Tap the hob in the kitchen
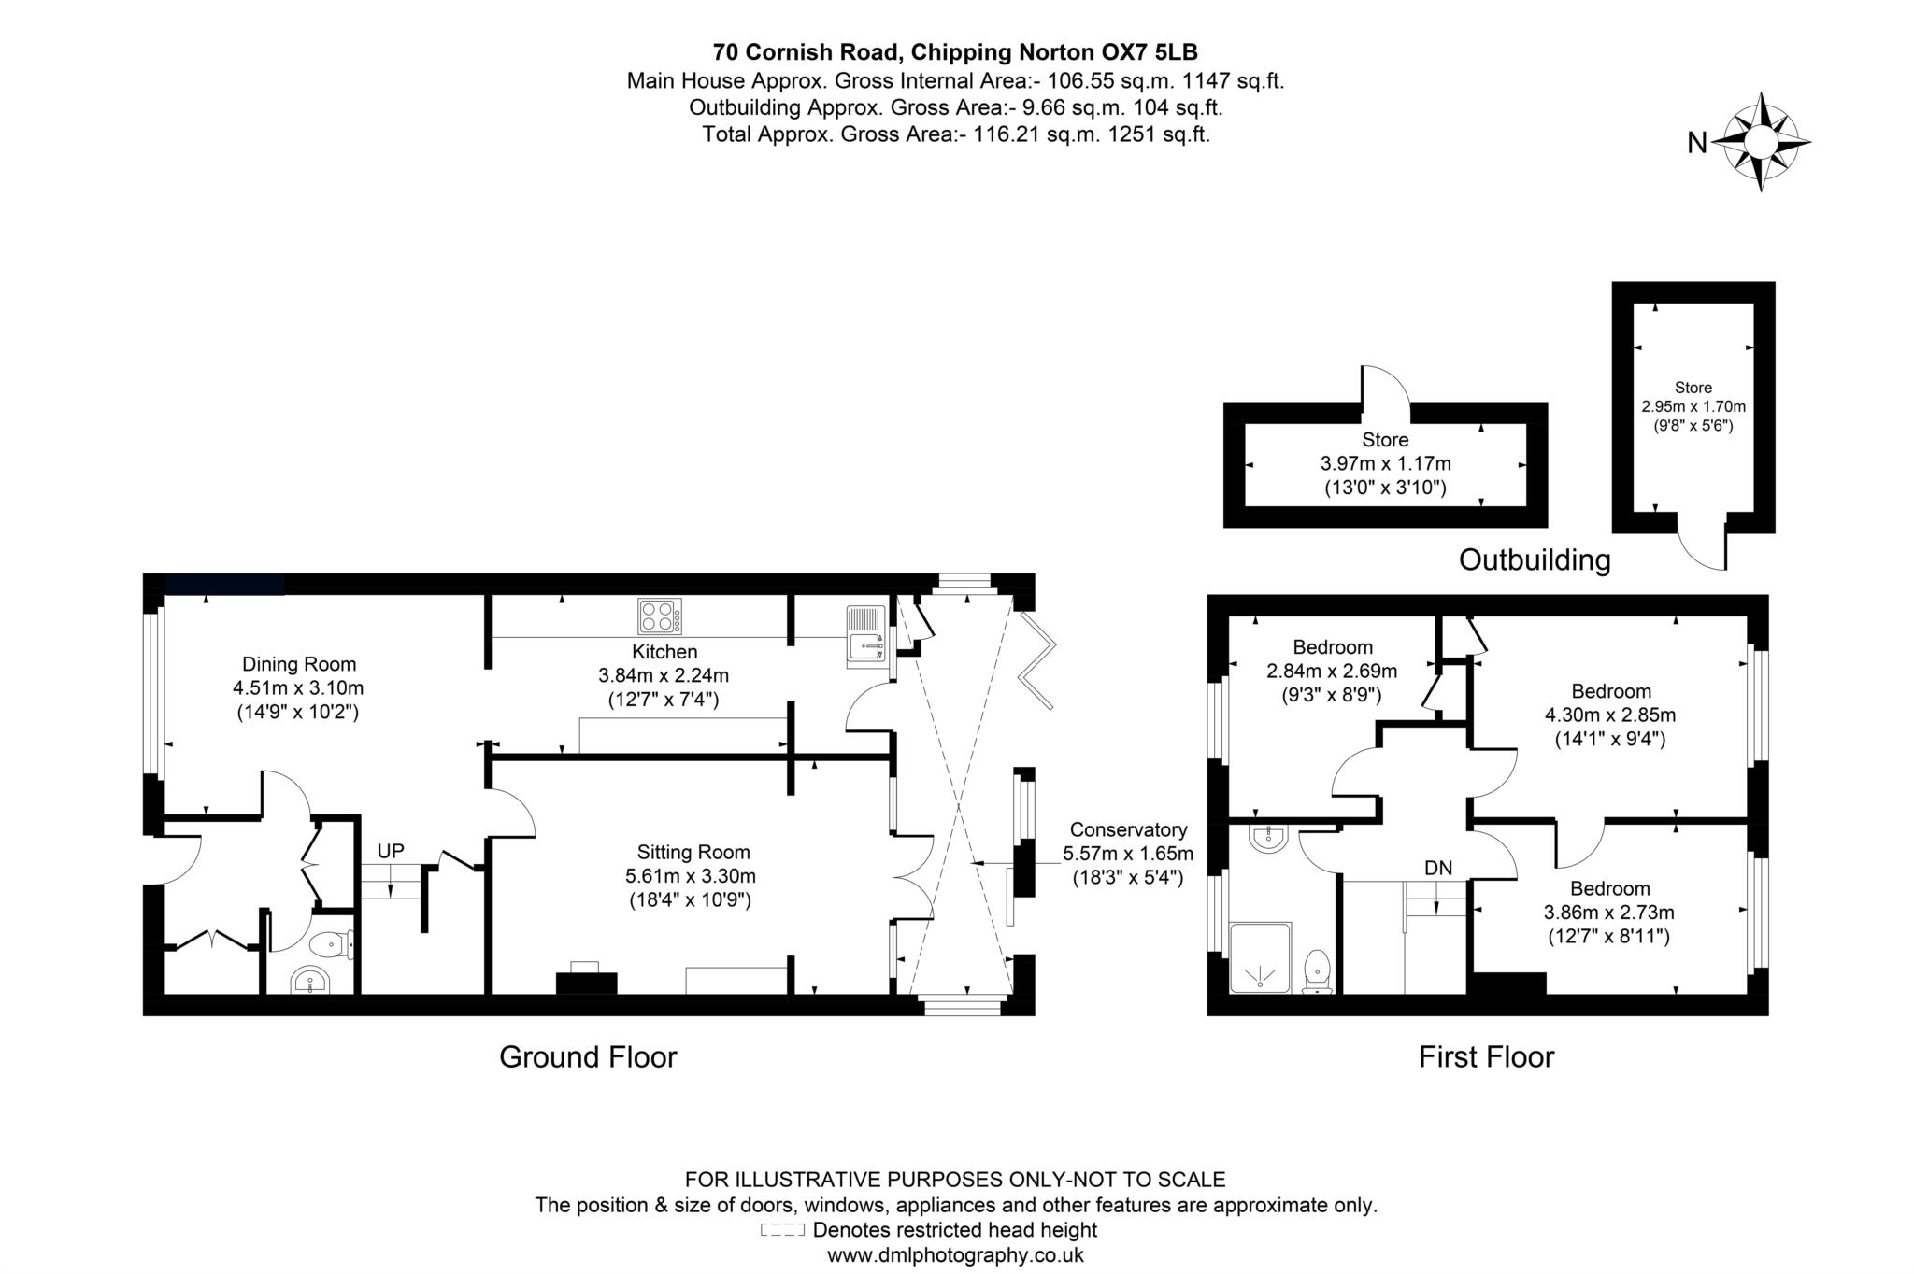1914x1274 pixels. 659,616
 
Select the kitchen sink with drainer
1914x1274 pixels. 865,636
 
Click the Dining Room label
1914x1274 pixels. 299,665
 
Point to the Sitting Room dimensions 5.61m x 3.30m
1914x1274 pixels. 691,876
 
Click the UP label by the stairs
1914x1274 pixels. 391,851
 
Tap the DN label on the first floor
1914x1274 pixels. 1438,868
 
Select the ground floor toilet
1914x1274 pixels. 331,945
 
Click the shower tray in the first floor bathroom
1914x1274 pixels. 1260,957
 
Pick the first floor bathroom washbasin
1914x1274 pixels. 1268,837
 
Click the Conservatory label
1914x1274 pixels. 1128,829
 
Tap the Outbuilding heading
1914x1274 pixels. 1535,559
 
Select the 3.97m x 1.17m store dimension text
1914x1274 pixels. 1385,463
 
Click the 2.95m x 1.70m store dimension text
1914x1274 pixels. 1693,407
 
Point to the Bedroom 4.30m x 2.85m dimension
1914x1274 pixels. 1610,715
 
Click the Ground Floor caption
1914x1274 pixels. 588,1056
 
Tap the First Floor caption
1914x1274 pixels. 1486,1056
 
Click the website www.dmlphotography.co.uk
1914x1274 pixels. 955,1255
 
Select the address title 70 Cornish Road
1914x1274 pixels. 955,51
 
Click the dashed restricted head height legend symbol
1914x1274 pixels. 781,1230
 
